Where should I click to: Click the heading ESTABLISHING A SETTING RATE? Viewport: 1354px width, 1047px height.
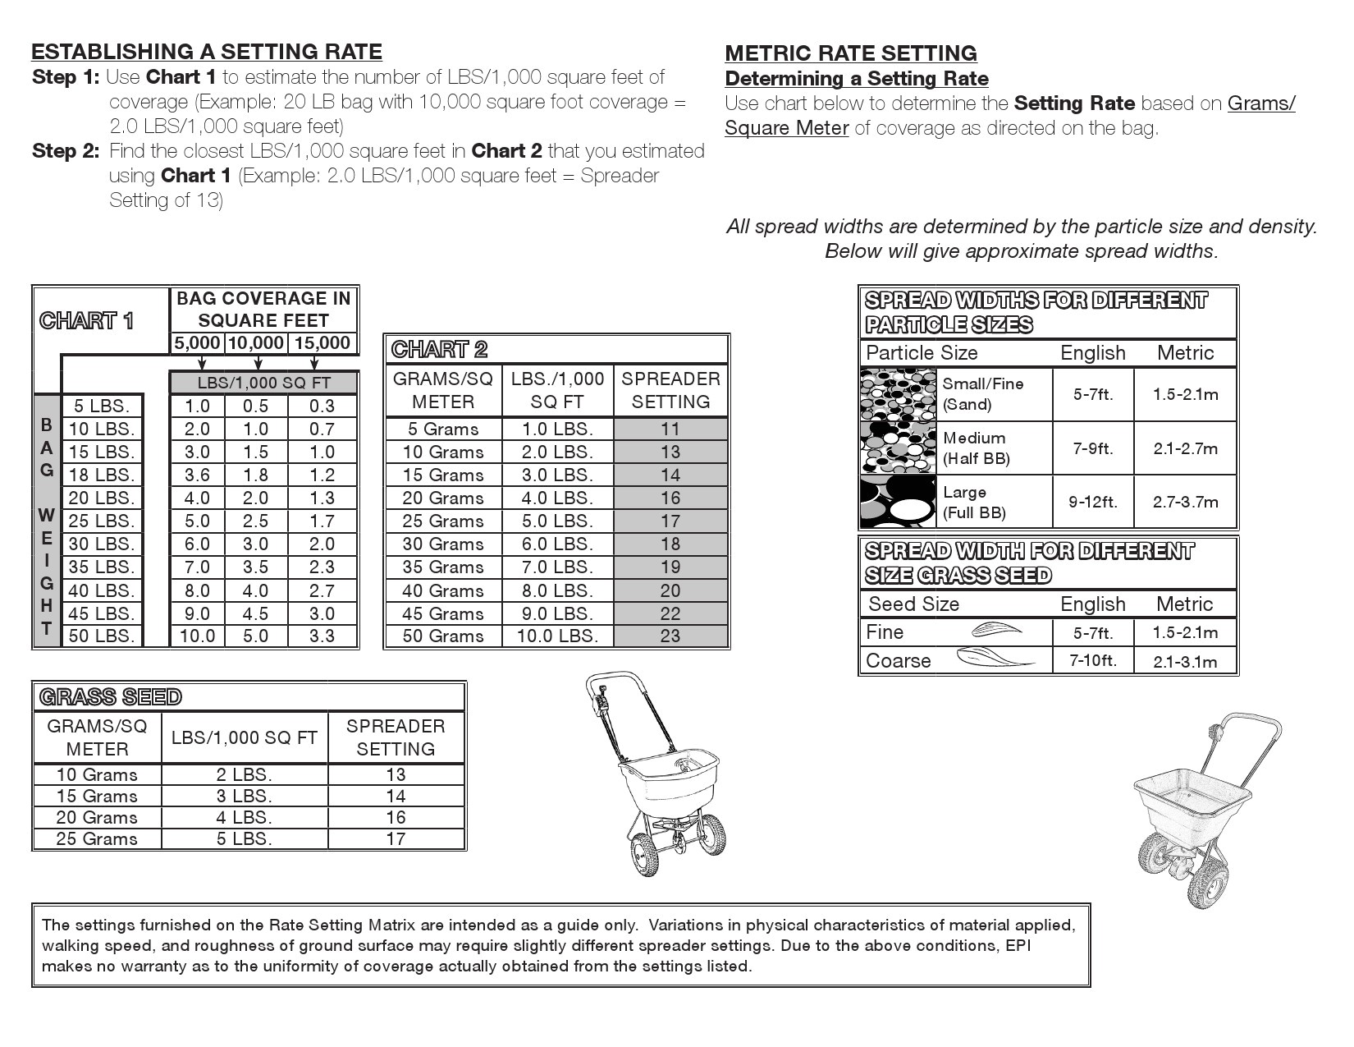206,52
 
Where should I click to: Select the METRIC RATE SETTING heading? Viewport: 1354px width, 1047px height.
850,53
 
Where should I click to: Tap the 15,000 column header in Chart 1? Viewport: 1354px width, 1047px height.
322,343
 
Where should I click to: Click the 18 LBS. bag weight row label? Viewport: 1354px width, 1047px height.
101,475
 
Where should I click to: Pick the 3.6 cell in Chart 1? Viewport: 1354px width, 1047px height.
197,475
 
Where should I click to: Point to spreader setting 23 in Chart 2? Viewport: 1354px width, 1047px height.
670,636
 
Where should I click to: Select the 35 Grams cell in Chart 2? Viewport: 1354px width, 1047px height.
443,567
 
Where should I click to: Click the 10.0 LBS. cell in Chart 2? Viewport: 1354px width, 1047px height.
557,636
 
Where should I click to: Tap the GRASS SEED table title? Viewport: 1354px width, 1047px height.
110,697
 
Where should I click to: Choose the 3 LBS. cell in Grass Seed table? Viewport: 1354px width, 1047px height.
244,796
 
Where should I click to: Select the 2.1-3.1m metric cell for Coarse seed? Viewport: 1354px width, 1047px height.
1184,661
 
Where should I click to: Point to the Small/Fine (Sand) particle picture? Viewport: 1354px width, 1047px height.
899,394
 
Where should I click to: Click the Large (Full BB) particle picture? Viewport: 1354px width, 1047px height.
899,502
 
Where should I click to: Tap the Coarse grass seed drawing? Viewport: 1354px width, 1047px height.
994,659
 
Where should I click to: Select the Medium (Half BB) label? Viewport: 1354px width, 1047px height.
974,448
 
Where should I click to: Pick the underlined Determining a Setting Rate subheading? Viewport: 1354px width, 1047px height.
856,79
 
